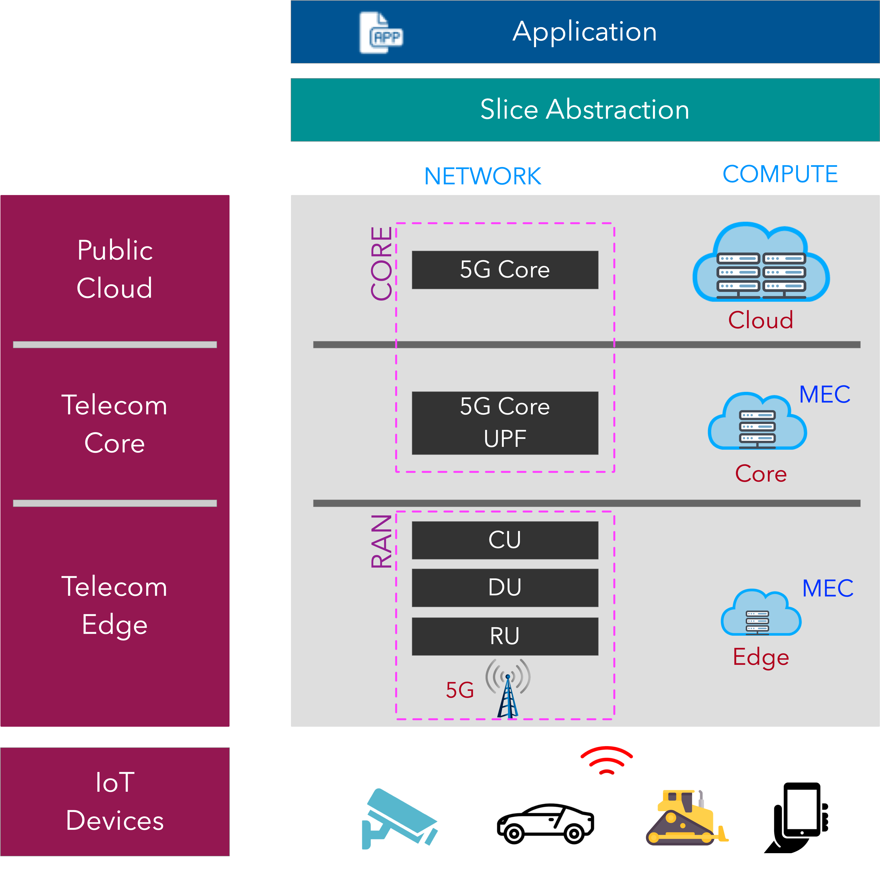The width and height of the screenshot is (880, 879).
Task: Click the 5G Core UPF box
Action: [505, 423]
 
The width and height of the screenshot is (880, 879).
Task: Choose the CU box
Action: [505, 540]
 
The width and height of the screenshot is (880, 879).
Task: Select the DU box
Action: [505, 588]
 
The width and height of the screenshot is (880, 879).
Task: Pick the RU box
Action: [505, 636]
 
